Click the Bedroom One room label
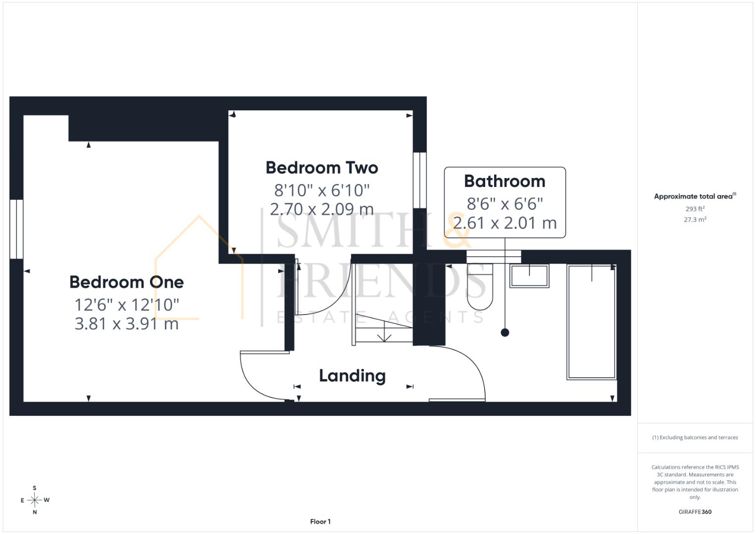pos(127,282)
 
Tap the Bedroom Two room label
pos(322,168)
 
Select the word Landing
pos(353,376)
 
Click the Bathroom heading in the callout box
pos(504,181)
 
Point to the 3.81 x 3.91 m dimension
pos(127,324)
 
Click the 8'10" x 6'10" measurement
pos(322,190)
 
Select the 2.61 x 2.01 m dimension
pos(504,223)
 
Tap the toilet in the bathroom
pos(480,287)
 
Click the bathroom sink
pos(529,276)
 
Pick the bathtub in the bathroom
pos(592,322)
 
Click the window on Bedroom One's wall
pos(16,229)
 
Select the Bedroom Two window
pos(420,180)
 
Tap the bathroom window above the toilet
pos(494,257)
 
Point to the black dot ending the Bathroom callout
pos(505,333)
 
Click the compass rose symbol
pos(35,500)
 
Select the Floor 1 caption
pos(320,522)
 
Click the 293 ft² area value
pos(695,209)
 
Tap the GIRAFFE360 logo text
pos(695,512)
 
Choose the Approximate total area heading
pos(695,196)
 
